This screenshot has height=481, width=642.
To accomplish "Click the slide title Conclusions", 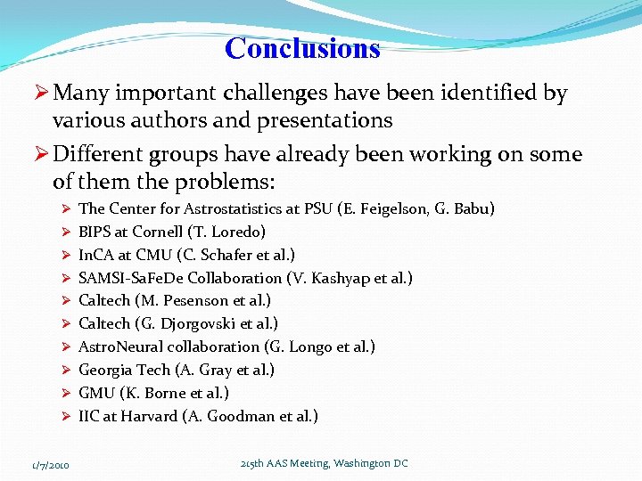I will click(x=302, y=48).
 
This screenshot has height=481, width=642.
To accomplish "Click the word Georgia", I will click(x=104, y=371).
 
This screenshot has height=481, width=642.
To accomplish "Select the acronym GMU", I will click(x=97, y=394).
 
